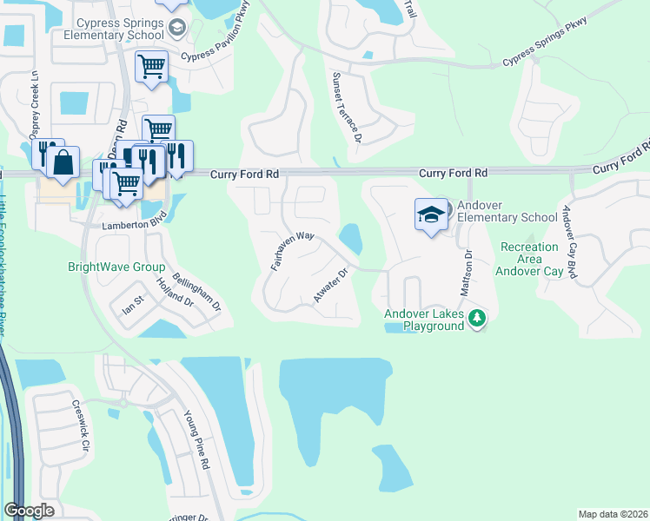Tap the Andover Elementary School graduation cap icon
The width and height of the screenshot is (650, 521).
click(x=431, y=215)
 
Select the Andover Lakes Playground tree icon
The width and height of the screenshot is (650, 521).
click(x=476, y=319)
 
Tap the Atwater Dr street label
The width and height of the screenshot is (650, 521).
click(x=330, y=286)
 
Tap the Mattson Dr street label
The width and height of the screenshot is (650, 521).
click(x=467, y=270)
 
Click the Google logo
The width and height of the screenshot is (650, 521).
click(x=29, y=511)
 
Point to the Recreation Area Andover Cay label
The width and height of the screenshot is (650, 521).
click(x=529, y=259)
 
